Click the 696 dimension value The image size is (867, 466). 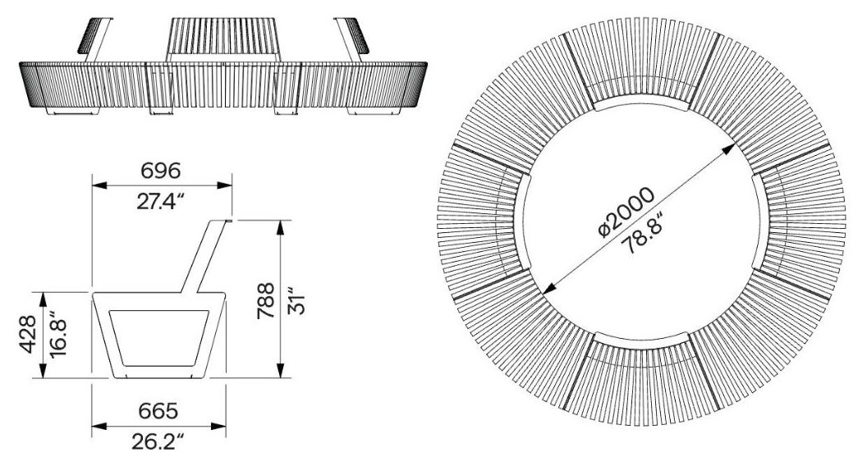click(x=160, y=171)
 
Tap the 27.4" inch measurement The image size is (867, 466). click(x=159, y=203)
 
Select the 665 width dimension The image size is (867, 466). click(x=158, y=411)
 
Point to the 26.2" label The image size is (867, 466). click(x=157, y=441)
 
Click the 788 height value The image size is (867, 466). click(x=266, y=300)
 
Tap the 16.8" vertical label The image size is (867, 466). click(x=58, y=336)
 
